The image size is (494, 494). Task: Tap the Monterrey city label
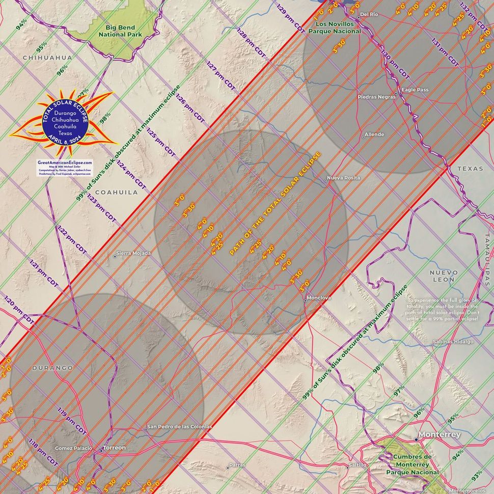[438, 435]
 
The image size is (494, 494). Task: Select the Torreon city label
[114, 448]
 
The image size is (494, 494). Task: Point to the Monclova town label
[319, 297]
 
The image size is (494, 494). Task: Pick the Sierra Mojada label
[134, 253]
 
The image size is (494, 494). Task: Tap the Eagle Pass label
[415, 90]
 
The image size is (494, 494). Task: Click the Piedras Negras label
[376, 97]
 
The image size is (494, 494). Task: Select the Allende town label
[374, 135]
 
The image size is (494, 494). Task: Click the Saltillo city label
[356, 466]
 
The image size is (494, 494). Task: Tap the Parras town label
[237, 465]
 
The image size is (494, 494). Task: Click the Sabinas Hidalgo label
[453, 342]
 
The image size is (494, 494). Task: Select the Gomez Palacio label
[74, 448]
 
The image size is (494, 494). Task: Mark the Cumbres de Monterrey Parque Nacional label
[412, 464]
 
